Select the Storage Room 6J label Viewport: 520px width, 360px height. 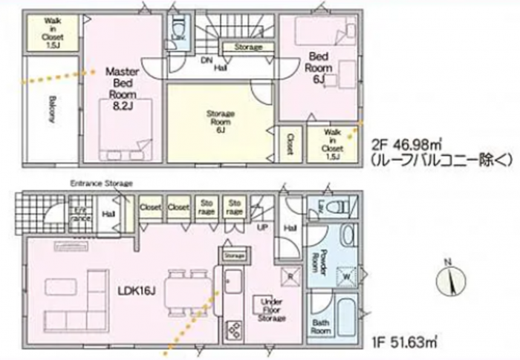(x=221, y=122)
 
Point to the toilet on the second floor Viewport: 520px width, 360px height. (x=178, y=33)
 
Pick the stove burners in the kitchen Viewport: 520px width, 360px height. (x=235, y=327)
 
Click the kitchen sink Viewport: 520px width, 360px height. (x=231, y=284)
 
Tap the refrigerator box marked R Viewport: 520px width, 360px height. (x=289, y=272)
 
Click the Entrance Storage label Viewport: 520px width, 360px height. (x=101, y=183)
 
